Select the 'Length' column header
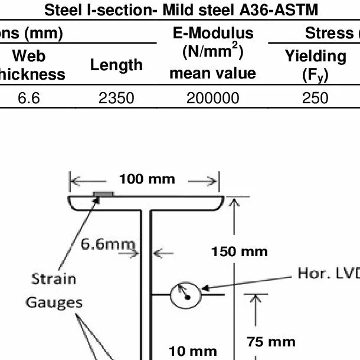click(x=116, y=66)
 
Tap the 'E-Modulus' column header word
click(x=212, y=33)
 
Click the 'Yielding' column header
click(x=315, y=57)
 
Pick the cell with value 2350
click(x=116, y=97)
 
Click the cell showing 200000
click(x=212, y=97)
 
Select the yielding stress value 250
click(x=315, y=97)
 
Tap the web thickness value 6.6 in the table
click(x=28, y=97)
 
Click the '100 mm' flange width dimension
click(x=147, y=179)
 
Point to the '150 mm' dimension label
click(x=239, y=252)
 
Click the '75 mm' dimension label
click(x=271, y=342)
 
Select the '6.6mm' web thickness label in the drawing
click(x=109, y=244)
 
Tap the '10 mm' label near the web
click(x=193, y=351)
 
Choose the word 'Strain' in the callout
click(x=54, y=279)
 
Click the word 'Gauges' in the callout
click(x=54, y=303)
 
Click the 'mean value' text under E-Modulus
click(x=212, y=73)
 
